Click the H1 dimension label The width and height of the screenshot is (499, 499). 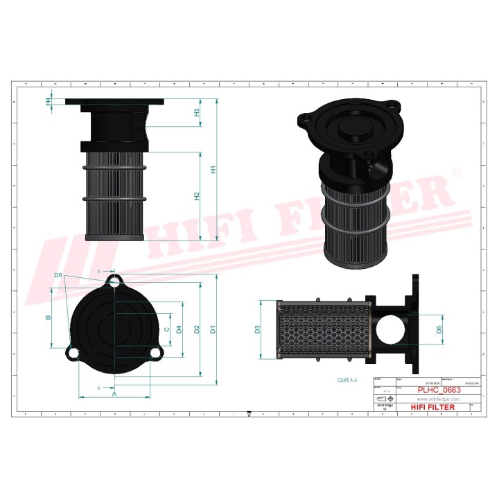[214, 169]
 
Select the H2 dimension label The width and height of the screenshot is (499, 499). [197, 196]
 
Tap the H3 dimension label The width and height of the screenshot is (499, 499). [197, 112]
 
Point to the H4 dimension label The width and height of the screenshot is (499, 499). [48, 102]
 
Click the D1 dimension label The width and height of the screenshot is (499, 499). [213, 329]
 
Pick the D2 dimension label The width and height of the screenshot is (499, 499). [197, 329]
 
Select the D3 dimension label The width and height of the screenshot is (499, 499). [256, 329]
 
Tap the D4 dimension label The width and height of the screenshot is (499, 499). [179, 329]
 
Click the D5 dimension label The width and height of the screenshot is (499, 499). [439, 329]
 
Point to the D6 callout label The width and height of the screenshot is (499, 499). [58, 276]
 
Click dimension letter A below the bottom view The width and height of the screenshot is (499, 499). [114, 393]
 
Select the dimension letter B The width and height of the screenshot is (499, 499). [48, 318]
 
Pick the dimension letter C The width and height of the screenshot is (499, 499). [166, 329]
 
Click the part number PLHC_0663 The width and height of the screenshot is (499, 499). [438, 391]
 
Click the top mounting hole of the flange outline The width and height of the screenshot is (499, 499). [114, 281]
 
